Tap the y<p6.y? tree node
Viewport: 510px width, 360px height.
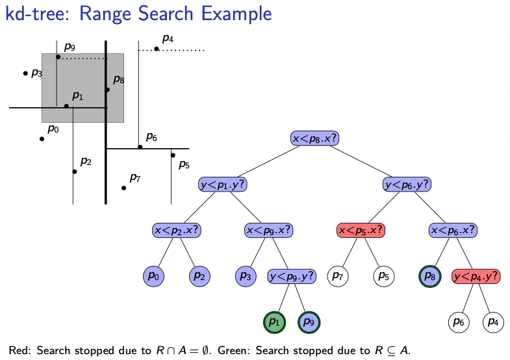407,185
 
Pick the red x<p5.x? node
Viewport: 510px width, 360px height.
361,230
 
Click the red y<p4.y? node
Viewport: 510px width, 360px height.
476,276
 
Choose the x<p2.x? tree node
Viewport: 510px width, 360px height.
177,230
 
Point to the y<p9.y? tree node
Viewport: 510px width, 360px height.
292,276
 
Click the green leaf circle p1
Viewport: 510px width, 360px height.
274,322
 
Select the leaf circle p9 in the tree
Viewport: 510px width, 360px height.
309,322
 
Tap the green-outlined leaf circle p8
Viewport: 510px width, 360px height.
430,276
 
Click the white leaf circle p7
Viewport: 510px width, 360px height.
338,276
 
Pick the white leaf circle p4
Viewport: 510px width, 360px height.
493,322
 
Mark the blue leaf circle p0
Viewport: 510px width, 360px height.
154,276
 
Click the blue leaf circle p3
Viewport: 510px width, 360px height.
246,276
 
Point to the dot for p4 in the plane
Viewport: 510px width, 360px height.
157,49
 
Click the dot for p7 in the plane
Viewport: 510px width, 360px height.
123,188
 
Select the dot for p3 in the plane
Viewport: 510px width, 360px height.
25,73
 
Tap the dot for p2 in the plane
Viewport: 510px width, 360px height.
75,172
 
